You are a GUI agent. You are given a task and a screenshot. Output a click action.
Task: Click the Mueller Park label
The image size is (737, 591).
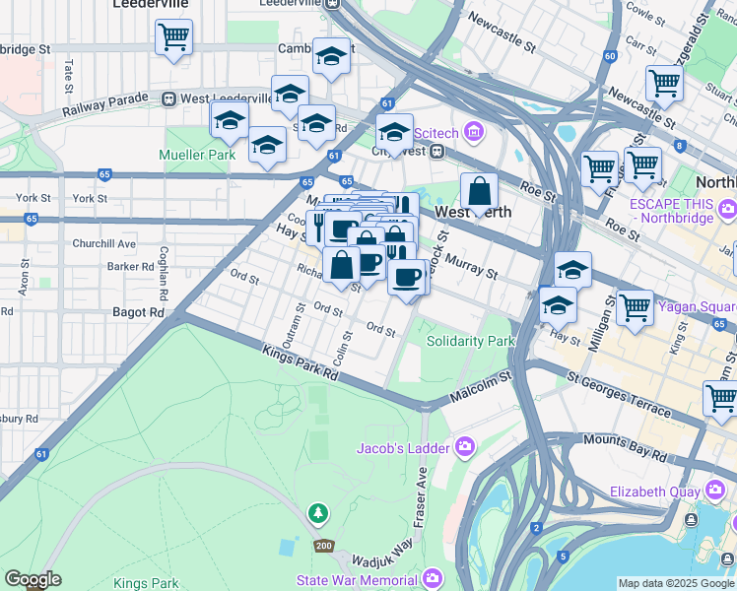[197, 155]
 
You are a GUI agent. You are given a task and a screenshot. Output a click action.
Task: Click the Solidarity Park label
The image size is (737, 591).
[471, 341]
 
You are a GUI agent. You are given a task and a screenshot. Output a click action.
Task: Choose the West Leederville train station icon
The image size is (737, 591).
[169, 98]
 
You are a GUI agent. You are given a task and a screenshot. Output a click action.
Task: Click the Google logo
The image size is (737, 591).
[33, 579]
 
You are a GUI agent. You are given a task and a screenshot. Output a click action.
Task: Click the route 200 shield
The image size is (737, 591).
[323, 546]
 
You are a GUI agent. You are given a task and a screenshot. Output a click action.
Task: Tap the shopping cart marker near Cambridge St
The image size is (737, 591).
[173, 38]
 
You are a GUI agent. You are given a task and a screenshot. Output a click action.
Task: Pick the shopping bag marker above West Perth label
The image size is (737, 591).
[479, 193]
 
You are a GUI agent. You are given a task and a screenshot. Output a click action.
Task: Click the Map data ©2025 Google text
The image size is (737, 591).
[676, 583]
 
